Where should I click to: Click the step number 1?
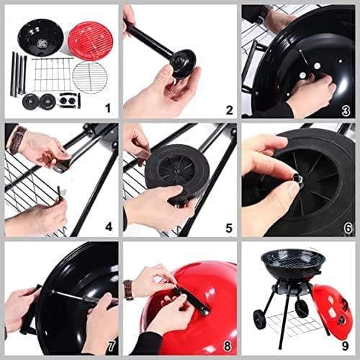pos(107,109)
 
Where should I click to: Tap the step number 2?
pos(229,110)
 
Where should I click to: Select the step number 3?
pos(346,110)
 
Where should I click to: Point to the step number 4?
pos(108,228)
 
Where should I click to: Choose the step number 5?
pos(229,228)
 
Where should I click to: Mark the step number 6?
pos(346,228)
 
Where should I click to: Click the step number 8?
pos(227,346)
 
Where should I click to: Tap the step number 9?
pos(346,346)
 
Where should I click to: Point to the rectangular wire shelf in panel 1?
pos(51,74)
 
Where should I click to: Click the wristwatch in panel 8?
pos(128,289)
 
